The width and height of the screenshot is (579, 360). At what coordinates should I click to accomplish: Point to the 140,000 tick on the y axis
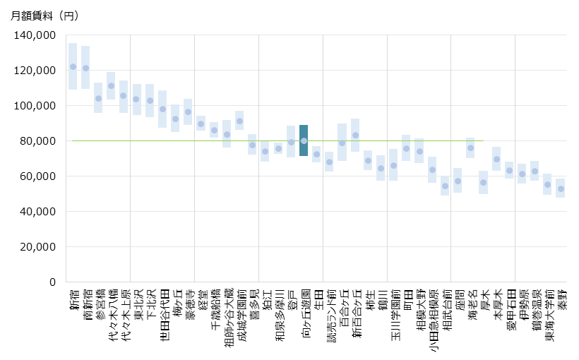click(x=35, y=35)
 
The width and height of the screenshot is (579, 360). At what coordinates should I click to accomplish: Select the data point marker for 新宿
click(x=73, y=67)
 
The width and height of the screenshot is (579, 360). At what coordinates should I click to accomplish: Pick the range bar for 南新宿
click(x=85, y=68)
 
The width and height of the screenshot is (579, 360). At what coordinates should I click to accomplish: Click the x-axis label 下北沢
click(x=150, y=305)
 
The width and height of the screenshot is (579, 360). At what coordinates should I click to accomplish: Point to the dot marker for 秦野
click(x=561, y=189)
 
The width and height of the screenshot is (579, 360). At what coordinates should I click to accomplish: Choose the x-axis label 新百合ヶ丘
click(x=355, y=314)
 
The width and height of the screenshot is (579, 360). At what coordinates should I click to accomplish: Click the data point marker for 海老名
click(x=470, y=148)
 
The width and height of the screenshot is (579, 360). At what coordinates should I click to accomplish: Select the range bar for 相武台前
click(x=445, y=186)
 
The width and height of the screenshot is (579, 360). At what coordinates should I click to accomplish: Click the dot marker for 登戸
click(x=291, y=143)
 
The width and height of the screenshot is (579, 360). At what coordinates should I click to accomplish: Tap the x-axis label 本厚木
click(x=496, y=305)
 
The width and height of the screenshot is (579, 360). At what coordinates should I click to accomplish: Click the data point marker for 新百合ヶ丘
click(x=355, y=136)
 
